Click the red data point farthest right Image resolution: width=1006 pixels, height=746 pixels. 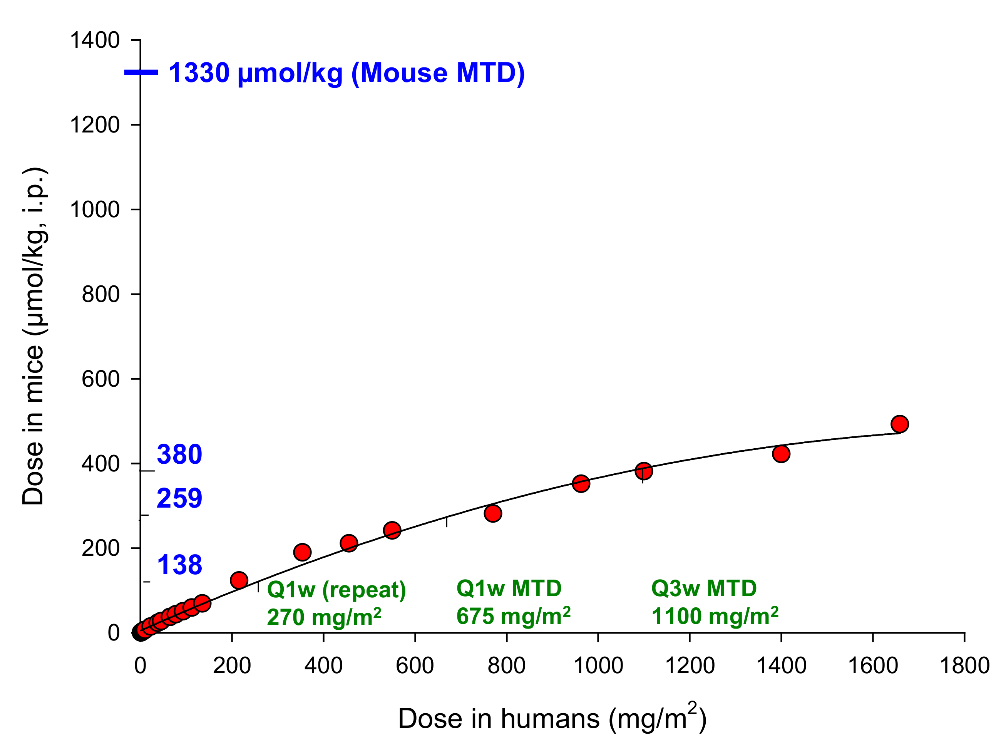[899, 424]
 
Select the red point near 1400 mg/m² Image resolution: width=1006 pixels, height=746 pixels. [781, 453]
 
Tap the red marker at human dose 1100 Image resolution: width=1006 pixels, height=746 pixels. [644, 471]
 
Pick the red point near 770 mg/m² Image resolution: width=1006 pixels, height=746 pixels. [493, 513]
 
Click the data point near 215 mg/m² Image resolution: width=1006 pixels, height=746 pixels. [239, 580]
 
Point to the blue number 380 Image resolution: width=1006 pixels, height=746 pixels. [179, 454]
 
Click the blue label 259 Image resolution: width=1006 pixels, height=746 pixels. [179, 498]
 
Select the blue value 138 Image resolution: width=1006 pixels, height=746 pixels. [179, 565]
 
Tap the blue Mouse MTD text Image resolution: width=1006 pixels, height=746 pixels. [346, 73]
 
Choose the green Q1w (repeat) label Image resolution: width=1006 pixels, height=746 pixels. [336, 590]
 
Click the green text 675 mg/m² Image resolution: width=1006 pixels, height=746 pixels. [513, 616]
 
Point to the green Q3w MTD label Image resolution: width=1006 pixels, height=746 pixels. [704, 588]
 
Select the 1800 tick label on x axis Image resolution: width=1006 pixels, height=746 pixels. [964, 666]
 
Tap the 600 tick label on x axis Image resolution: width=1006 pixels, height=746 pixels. [415, 666]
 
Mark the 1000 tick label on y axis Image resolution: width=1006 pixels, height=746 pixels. [95, 210]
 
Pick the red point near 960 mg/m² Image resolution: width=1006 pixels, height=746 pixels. [581, 484]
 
